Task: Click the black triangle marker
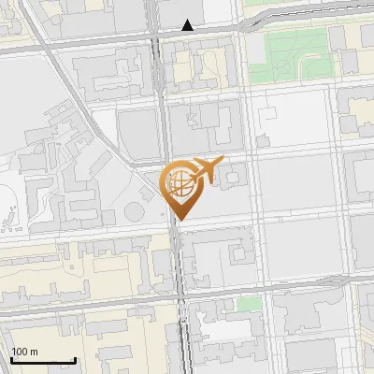pyautogui.click(x=188, y=25)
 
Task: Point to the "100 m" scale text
pyautogui.click(x=25, y=352)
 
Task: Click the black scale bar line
pyautogui.click(x=43, y=360)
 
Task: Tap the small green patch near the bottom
pyautogui.click(x=248, y=304)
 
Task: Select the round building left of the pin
pyautogui.click(x=142, y=199)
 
